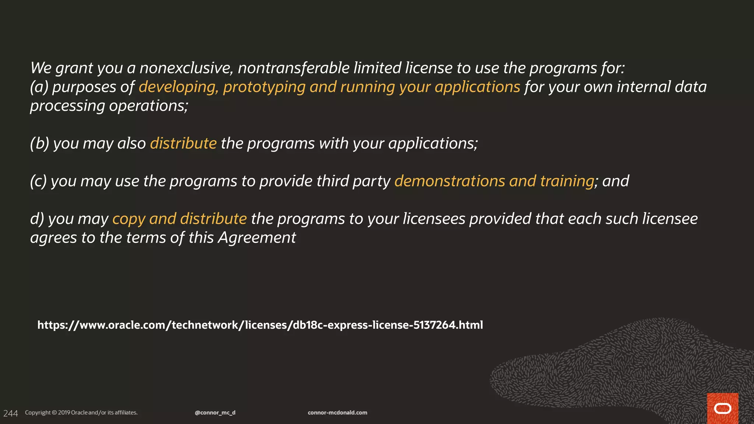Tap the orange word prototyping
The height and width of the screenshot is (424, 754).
click(264, 87)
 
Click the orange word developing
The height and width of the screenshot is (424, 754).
click(177, 87)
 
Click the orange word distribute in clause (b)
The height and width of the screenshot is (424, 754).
click(183, 143)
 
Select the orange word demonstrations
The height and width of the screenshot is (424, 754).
click(450, 181)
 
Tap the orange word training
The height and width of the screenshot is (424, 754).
click(567, 181)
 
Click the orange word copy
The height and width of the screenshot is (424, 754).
click(128, 219)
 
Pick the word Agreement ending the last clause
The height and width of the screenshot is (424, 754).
click(257, 238)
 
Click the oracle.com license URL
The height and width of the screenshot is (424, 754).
click(260, 325)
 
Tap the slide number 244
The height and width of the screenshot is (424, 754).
click(10, 413)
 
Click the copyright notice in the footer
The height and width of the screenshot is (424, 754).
click(81, 413)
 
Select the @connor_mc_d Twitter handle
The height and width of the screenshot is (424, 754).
click(215, 413)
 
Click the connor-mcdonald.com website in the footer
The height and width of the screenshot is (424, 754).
click(337, 413)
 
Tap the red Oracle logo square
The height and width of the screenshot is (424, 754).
click(722, 408)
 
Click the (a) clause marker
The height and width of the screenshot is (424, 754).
click(39, 87)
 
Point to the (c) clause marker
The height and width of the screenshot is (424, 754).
click(38, 181)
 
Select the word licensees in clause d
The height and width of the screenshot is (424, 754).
click(434, 219)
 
